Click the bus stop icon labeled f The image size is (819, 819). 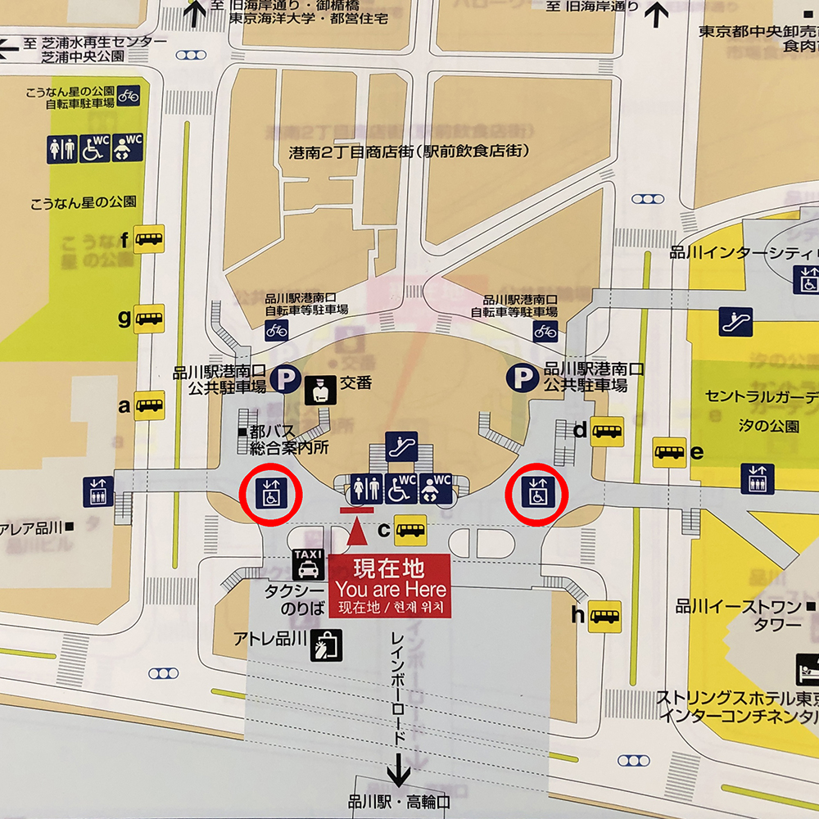tap(149, 239)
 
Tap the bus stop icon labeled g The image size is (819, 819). tap(149, 319)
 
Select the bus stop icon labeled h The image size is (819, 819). tap(605, 616)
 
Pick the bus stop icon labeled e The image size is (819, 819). tap(670, 452)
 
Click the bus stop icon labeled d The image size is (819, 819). tap(607, 431)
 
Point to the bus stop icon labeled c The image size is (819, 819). tap(410, 530)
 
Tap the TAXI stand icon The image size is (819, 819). tap(308, 565)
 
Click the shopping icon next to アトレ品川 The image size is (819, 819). tap(326, 645)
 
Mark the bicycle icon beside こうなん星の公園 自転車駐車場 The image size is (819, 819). tap(129, 95)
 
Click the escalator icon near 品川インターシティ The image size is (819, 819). tap(735, 322)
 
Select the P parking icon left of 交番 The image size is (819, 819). tap(286, 378)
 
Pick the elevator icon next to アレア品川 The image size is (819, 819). tap(98, 491)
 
